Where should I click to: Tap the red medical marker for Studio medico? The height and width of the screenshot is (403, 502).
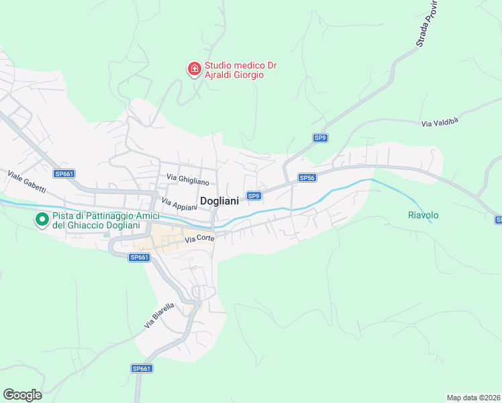pos(194,69)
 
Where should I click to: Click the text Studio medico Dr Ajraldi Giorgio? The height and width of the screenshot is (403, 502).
pos(241,71)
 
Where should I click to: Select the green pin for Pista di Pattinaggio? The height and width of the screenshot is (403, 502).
pos(42,219)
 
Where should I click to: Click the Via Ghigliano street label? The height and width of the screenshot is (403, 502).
pos(188,180)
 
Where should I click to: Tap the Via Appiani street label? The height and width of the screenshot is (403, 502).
pos(179,205)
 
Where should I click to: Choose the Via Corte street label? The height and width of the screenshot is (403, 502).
pos(199,238)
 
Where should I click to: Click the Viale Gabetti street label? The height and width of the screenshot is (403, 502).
pos(26,180)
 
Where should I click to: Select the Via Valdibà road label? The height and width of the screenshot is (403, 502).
pos(440,123)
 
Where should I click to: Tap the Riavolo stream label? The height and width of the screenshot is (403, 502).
pos(423,215)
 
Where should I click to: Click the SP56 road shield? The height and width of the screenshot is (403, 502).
pos(307,178)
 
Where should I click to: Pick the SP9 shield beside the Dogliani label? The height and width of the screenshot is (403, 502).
pos(253,196)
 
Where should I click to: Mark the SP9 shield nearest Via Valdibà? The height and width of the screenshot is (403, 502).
pos(320,138)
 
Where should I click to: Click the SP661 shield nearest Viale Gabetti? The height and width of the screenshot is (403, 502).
pos(64,174)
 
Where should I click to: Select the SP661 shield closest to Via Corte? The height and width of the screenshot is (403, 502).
pos(139,257)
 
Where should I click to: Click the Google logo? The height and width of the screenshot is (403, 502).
pos(22,395)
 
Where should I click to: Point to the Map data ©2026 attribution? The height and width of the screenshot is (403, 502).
pos(473,398)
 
